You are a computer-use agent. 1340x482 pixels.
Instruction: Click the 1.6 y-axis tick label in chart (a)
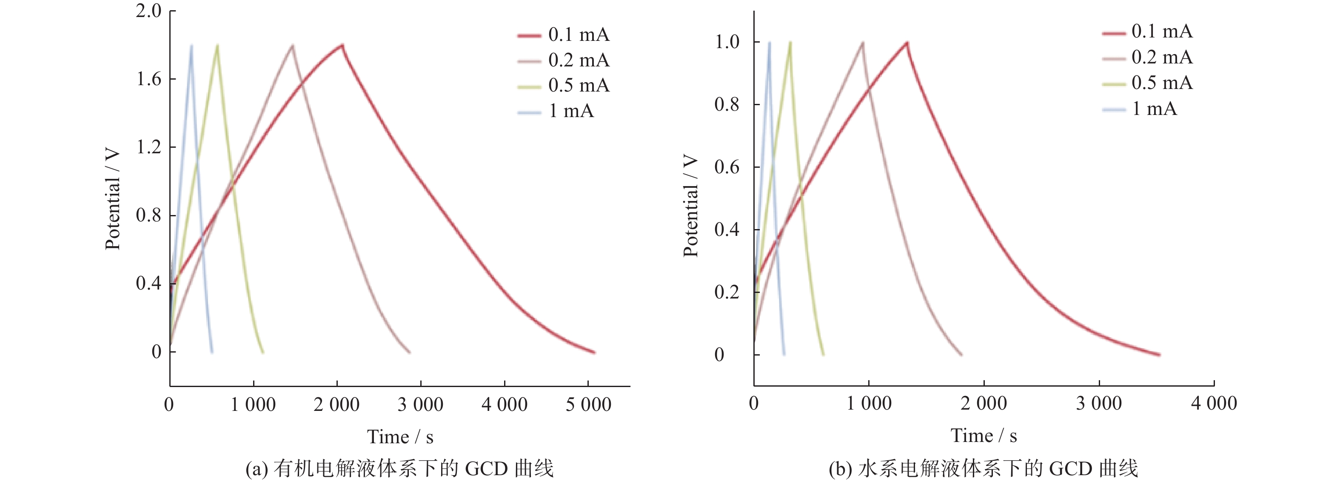click(x=149, y=79)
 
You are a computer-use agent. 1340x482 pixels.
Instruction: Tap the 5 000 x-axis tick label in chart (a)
click(x=588, y=405)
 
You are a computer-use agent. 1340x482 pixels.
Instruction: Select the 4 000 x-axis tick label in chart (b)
click(x=1214, y=403)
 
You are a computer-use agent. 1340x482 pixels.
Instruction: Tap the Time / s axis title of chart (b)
click(x=984, y=436)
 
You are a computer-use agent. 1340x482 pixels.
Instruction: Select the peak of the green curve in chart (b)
click(x=790, y=42)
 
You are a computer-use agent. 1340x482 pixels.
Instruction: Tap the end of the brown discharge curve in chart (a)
click(x=409, y=353)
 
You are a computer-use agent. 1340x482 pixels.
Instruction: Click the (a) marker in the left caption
click(x=257, y=469)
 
